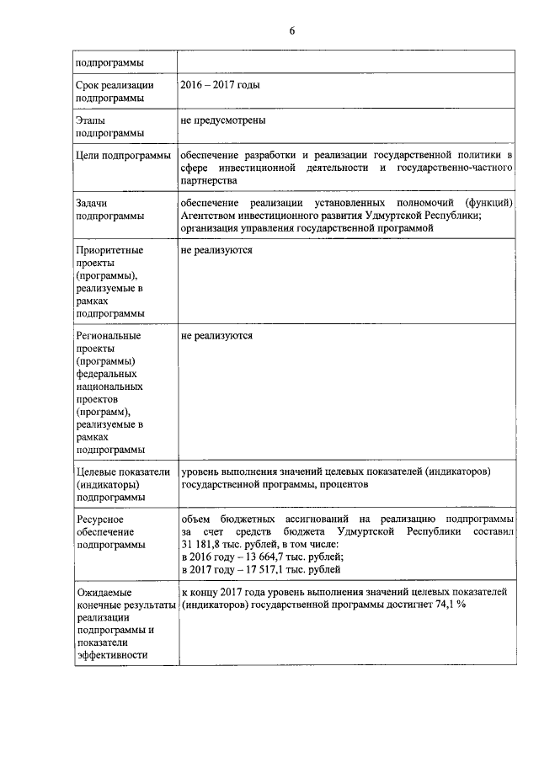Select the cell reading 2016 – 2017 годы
tap(220, 86)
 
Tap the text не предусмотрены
tap(223, 120)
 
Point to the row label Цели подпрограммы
tap(123, 157)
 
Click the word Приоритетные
tap(109, 251)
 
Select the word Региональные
tap(109, 336)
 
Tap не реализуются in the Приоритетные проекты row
tap(216, 251)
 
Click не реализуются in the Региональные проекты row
tap(216, 336)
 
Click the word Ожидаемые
tap(105, 593)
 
